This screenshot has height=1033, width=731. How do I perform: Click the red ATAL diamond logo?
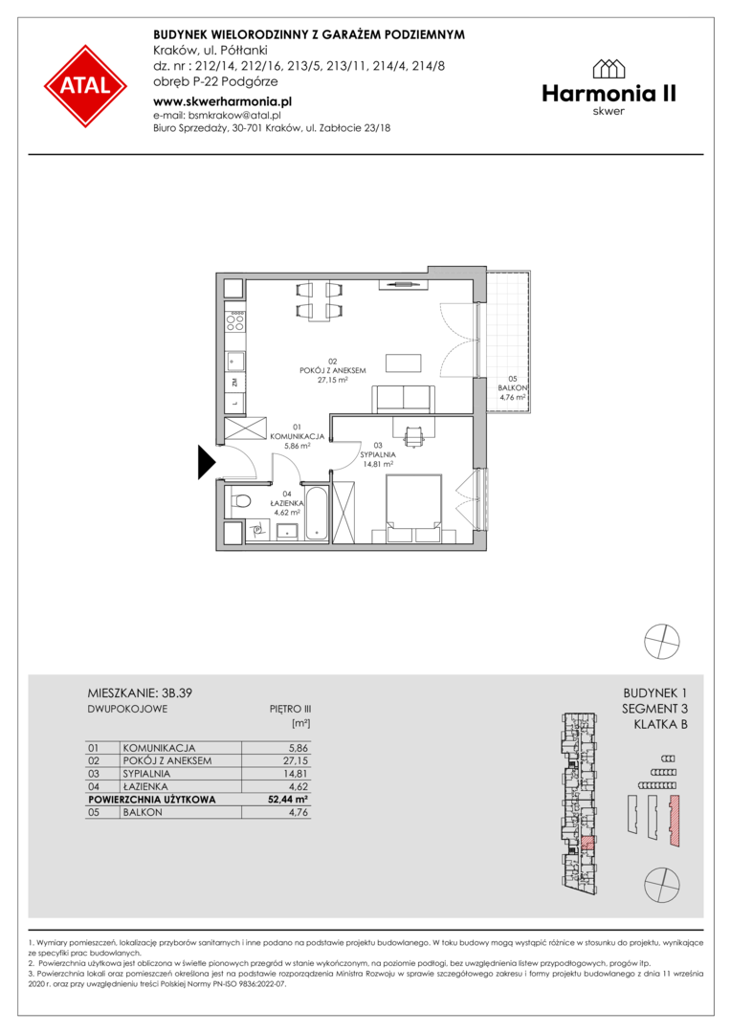pyautogui.click(x=86, y=86)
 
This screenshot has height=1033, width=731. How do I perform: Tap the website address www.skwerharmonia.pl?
pyautogui.click(x=222, y=101)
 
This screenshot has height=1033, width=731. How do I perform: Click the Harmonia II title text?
pyautogui.click(x=609, y=94)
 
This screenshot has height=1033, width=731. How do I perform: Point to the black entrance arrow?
pyautogui.click(x=207, y=462)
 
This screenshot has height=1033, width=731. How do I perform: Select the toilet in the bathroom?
pyautogui.click(x=239, y=500)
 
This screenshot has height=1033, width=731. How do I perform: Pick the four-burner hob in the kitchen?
pyautogui.click(x=235, y=320)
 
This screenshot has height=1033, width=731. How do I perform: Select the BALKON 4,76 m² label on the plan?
pyautogui.click(x=512, y=388)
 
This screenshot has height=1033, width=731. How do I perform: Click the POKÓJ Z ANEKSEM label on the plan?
pyautogui.click(x=333, y=371)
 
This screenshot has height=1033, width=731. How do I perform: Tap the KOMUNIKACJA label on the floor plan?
pyautogui.click(x=298, y=436)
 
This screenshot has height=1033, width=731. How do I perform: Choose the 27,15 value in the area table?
pyautogui.click(x=296, y=760)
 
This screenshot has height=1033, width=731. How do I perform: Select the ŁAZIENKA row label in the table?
pyautogui.click(x=145, y=786)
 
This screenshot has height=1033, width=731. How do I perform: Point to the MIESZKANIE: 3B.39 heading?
pyautogui.click(x=140, y=693)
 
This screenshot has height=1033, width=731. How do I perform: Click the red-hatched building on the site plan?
pyautogui.click(x=674, y=821)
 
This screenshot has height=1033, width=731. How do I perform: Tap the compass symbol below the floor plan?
pyautogui.click(x=662, y=641)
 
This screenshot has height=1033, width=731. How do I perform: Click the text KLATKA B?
pyautogui.click(x=660, y=725)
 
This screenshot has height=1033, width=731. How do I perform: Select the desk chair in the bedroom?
pyautogui.click(x=413, y=435)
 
